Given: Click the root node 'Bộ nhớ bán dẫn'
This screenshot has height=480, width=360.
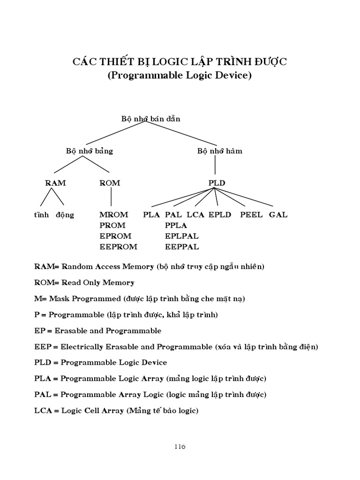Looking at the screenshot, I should click(150, 119).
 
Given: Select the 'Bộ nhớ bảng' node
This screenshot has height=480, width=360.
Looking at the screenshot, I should click(90, 151).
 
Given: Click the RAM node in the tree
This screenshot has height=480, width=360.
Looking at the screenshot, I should click(55, 183).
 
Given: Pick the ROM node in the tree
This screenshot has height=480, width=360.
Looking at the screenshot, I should click(110, 183).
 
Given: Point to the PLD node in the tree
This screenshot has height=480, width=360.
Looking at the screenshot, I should click(217, 183).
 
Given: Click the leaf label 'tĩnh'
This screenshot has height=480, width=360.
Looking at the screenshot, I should click(41, 215).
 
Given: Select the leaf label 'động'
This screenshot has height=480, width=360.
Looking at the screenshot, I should click(65, 215).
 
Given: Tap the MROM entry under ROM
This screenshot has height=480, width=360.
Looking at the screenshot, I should click(113, 215).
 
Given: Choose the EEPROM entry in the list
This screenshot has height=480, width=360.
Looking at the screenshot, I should click(118, 247).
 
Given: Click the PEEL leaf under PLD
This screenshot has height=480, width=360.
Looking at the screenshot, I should click(251, 215).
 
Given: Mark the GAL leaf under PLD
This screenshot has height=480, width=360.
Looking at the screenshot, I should click(278, 215).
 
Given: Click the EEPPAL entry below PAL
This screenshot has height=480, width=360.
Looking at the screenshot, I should click(182, 247).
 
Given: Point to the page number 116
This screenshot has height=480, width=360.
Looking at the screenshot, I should click(180, 447).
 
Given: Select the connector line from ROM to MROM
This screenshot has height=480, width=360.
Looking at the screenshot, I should click(111, 198).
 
